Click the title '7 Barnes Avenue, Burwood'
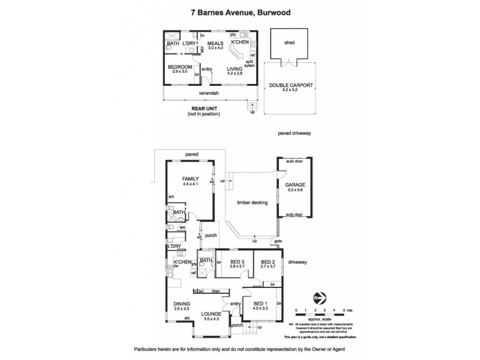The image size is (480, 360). point(240,10)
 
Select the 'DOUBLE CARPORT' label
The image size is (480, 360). point(290,86)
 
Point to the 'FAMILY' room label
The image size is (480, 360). point(191,179)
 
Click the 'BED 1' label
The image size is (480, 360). point(261,305)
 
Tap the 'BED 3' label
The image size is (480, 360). point(236,262)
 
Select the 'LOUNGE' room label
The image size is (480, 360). point(211,314)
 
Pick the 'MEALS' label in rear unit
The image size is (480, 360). point(215,43)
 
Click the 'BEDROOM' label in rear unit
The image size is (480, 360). point(179,67)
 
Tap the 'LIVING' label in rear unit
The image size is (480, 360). point(235,70)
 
